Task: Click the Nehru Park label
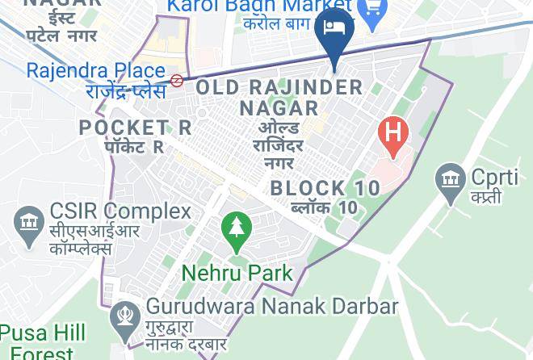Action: pyautogui.click(x=237, y=272)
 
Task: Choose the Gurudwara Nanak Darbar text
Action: pyautogui.click(x=272, y=307)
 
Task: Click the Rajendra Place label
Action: pyautogui.click(x=95, y=70)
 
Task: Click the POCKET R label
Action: pyautogui.click(x=135, y=127)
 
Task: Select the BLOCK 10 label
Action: pyautogui.click(x=325, y=188)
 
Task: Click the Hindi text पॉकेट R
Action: pyautogui.click(x=135, y=147)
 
